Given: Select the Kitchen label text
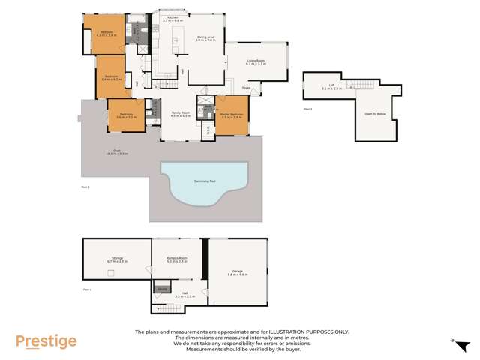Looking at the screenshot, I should point(172,18).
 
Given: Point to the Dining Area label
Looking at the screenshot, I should point(205,38).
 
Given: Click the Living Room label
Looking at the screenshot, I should point(256,64).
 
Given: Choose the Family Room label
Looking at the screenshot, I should point(180,114).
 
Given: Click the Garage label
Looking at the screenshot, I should point(238,273).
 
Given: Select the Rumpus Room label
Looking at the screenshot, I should point(176,260).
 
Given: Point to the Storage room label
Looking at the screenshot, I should point(117,259).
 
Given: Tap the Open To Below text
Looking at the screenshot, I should point(375,114).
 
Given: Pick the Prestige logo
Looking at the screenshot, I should point(46,342).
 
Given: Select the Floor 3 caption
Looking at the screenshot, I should point(307,109).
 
